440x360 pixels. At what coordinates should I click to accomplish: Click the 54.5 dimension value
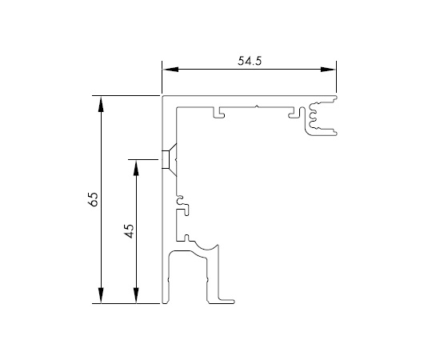pyautogui.click(x=250, y=61)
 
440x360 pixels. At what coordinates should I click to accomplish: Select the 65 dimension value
pyautogui.click(x=94, y=199)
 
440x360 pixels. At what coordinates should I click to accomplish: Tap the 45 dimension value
pyautogui.click(x=129, y=231)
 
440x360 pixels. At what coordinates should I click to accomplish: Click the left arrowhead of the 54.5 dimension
pyautogui.click(x=170, y=70)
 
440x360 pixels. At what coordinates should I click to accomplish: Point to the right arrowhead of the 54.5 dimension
pyautogui.click(x=328, y=70)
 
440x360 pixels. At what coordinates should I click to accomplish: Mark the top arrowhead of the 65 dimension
pyautogui.click(x=101, y=104)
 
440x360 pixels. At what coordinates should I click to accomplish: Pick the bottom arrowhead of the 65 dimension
pyautogui.click(x=101, y=295)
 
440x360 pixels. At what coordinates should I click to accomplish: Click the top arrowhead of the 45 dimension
pyautogui.click(x=136, y=167)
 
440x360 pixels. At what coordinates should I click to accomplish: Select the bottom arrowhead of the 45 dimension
pyautogui.click(x=136, y=295)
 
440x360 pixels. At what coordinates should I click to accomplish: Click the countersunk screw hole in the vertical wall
pyautogui.click(x=170, y=160)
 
